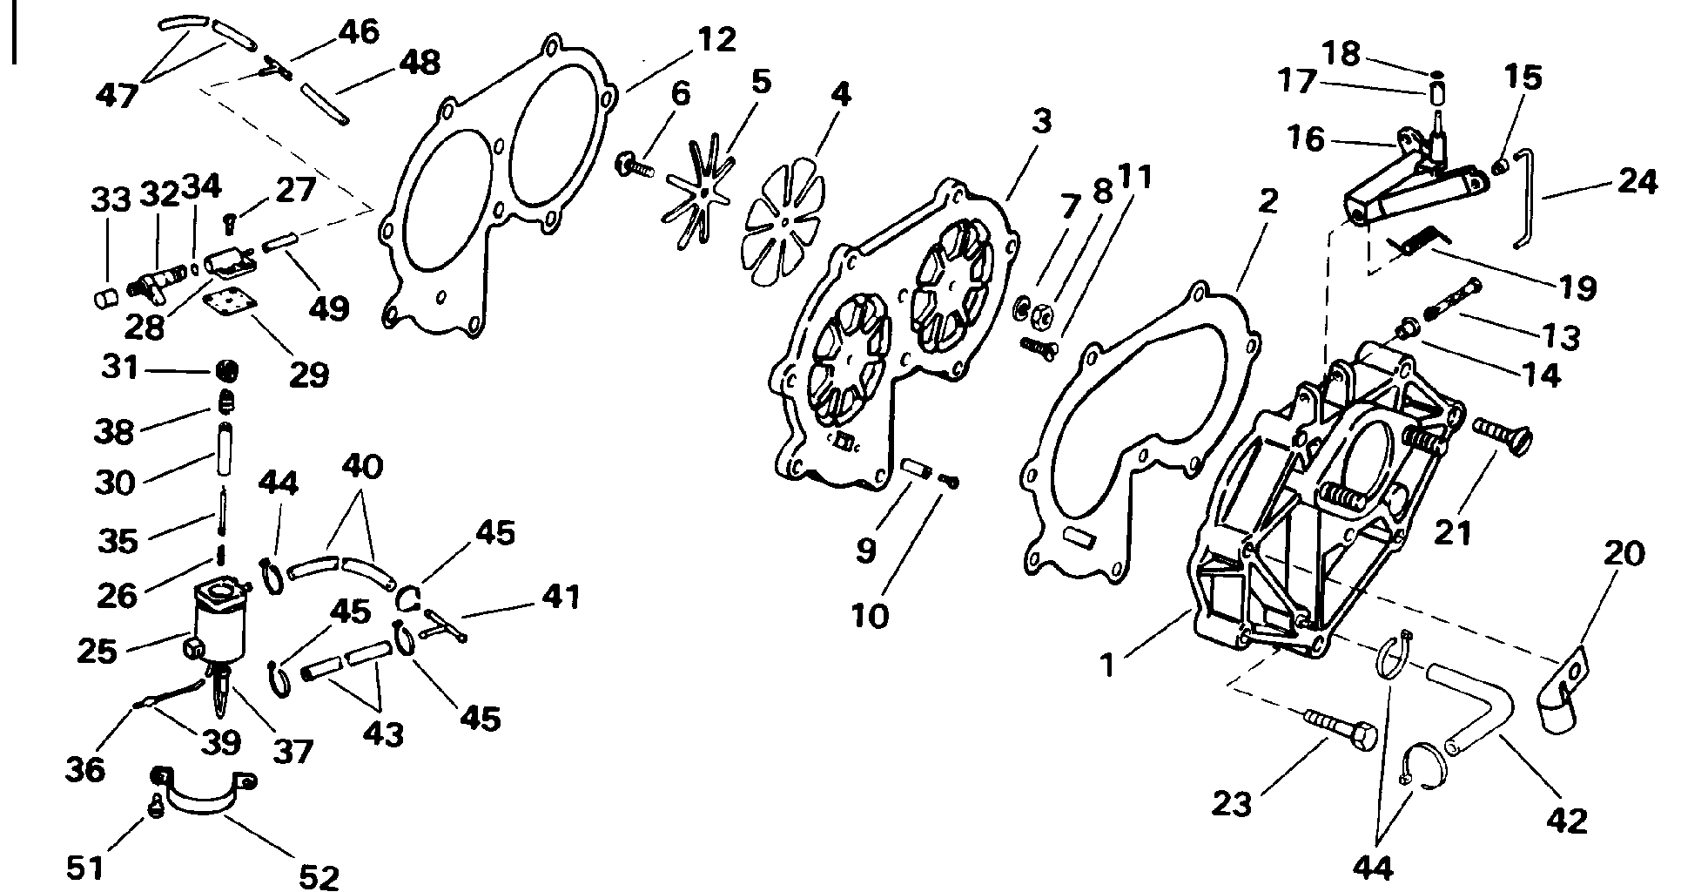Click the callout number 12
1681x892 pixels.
tap(716, 41)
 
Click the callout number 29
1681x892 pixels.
tap(309, 375)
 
